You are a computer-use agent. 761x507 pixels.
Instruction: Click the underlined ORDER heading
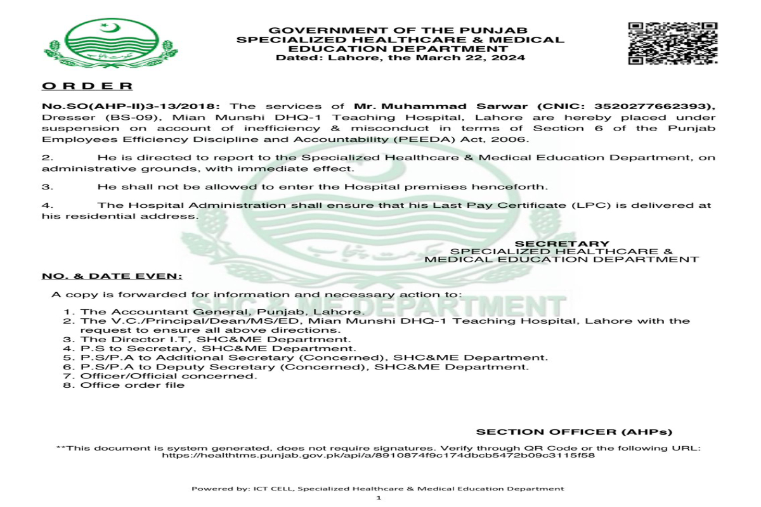pyautogui.click(x=88, y=86)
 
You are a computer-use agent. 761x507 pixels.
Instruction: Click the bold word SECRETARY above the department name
pyautogui.click(x=562, y=243)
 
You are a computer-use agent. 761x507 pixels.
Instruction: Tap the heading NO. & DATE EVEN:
pyautogui.click(x=112, y=276)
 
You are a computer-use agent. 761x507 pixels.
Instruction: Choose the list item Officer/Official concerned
pyautogui.click(x=169, y=376)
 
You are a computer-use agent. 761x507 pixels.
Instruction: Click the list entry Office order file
pyautogui.click(x=132, y=385)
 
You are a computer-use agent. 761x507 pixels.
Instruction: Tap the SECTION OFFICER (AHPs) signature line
pyautogui.click(x=574, y=432)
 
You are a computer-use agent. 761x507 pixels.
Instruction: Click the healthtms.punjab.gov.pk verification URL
pyautogui.click(x=379, y=454)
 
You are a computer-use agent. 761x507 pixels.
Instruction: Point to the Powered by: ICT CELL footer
pyautogui.click(x=378, y=489)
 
